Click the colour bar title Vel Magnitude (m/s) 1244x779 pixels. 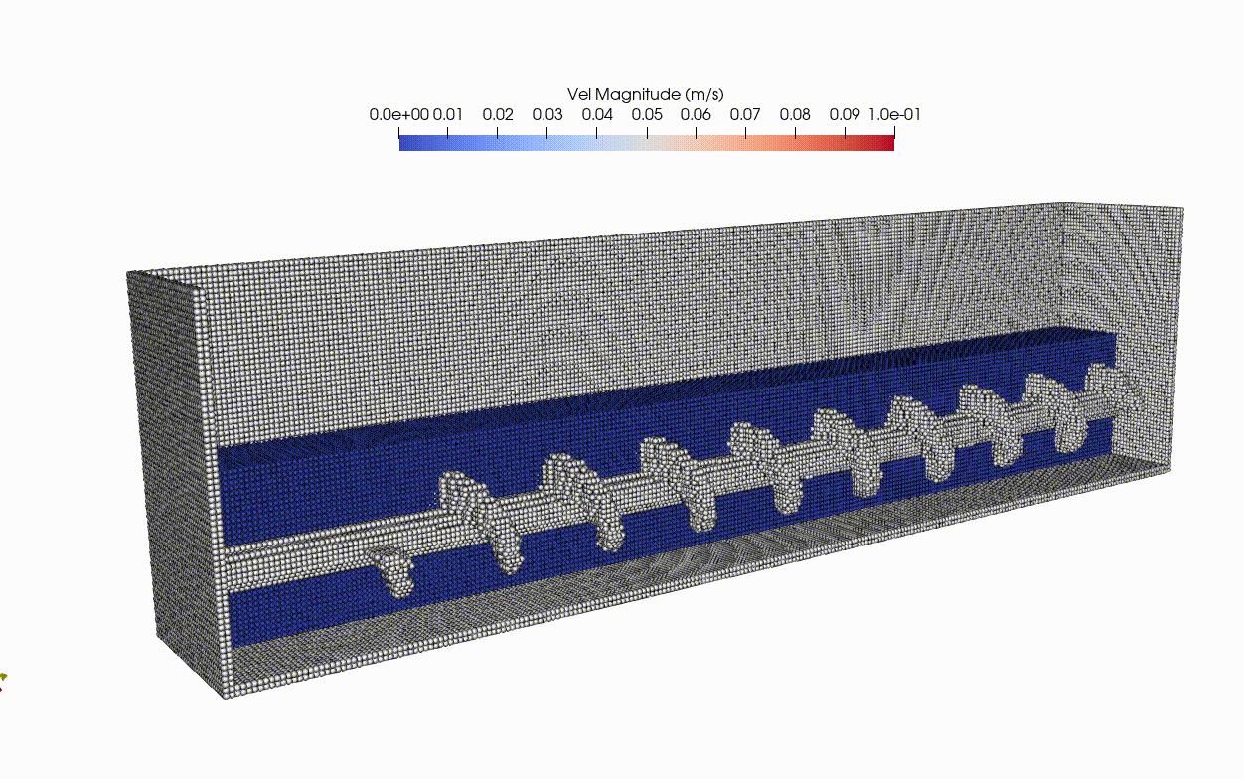point(645,94)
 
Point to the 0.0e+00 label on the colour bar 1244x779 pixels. point(398,115)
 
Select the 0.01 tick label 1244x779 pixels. point(448,115)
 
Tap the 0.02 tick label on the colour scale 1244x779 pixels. point(498,115)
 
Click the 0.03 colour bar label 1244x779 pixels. point(547,115)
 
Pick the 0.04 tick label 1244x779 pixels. point(597,115)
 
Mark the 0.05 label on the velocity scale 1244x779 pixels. point(647,115)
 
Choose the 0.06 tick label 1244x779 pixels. point(696,115)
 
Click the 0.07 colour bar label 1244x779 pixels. point(745,115)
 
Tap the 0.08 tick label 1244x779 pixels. point(795,115)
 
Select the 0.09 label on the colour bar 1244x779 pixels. point(845,115)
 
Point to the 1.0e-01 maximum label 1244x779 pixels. point(894,115)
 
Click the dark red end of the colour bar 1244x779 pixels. point(888,142)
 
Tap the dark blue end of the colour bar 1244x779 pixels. point(405,142)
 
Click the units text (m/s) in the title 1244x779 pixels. point(703,94)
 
